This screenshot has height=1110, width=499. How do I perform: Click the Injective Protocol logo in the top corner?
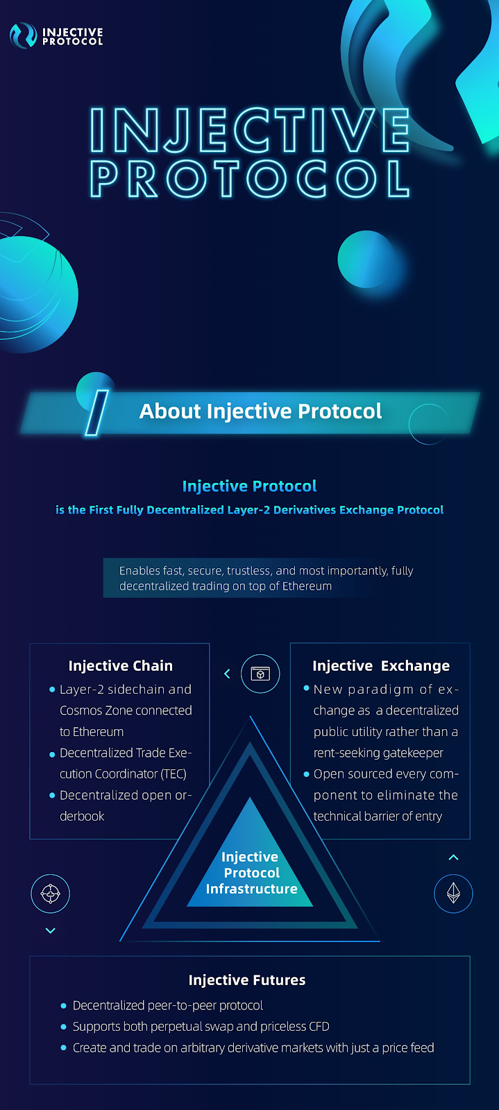pos(56,35)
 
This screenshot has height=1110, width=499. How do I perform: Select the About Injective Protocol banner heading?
pos(260,411)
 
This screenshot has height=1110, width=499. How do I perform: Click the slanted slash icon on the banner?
pos(96,413)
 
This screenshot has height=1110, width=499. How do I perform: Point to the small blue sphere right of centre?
pos(367,259)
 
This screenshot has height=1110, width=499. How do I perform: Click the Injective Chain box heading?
pos(121,665)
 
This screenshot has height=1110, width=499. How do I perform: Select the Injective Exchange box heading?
pos(381,665)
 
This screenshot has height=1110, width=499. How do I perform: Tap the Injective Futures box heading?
pos(247,980)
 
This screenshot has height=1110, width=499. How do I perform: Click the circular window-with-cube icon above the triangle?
pos(260,674)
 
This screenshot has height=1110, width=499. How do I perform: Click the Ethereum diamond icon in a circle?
pos(453,894)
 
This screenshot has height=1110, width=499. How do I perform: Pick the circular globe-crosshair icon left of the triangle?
pos(50,894)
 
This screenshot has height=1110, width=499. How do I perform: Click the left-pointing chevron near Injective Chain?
pos(227,674)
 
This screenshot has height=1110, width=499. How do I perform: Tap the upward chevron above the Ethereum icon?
pos(453,857)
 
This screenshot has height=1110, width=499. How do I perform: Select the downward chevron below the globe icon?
pos(50,930)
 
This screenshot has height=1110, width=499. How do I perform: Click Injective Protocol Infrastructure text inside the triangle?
pos(251,873)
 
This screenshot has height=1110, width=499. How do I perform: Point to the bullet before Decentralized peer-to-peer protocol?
pos(63,1006)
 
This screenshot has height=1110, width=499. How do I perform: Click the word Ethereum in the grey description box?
pos(307,586)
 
